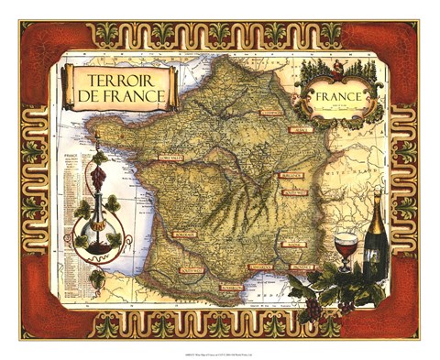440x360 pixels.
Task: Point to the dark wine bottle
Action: (x=375, y=234)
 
